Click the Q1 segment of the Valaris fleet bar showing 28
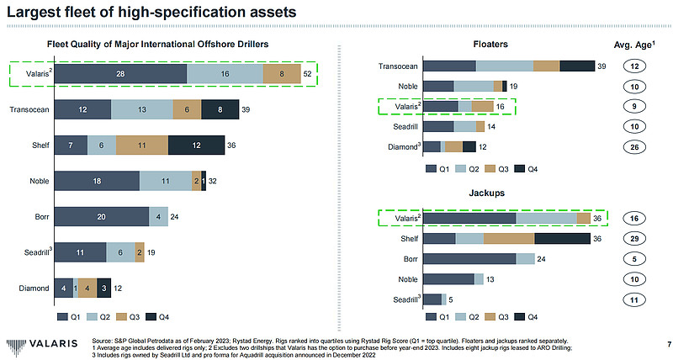(x=120, y=74)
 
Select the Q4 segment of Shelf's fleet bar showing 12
(x=196, y=146)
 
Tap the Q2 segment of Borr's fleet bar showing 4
(x=158, y=216)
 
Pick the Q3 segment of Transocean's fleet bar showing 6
(x=187, y=109)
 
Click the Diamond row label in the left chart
(x=33, y=289)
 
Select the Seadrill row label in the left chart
(x=33, y=252)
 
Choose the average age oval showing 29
(x=640, y=239)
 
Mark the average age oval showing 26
(x=640, y=147)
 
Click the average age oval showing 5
(x=640, y=259)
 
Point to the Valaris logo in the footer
(x=42, y=344)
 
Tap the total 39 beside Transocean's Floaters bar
(x=601, y=66)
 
